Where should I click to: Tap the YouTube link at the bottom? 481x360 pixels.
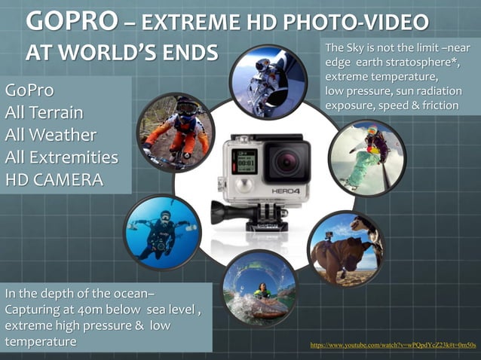click(x=393, y=345)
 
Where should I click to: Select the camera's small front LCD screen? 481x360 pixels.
click(x=247, y=160)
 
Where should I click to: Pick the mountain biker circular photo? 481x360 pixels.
click(x=176, y=132)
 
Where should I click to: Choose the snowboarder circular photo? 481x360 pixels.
click(x=367, y=157)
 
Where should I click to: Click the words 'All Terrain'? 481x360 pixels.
click(x=44, y=114)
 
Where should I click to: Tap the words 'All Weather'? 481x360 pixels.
click(x=50, y=136)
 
